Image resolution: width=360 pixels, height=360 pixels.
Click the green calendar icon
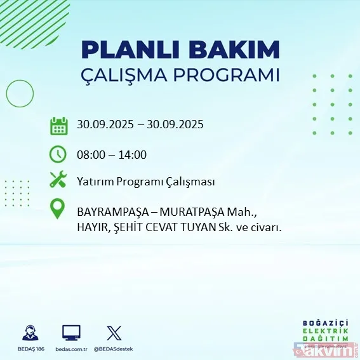(58, 125)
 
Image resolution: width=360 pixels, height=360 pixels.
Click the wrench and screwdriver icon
(58, 180)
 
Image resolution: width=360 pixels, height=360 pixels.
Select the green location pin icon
(58, 209)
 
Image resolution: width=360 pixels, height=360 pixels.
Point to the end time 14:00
(133, 154)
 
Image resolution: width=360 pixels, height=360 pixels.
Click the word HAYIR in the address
(93, 225)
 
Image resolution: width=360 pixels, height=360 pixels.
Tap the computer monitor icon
(71, 332)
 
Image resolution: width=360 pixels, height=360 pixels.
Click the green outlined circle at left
(20, 95)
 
